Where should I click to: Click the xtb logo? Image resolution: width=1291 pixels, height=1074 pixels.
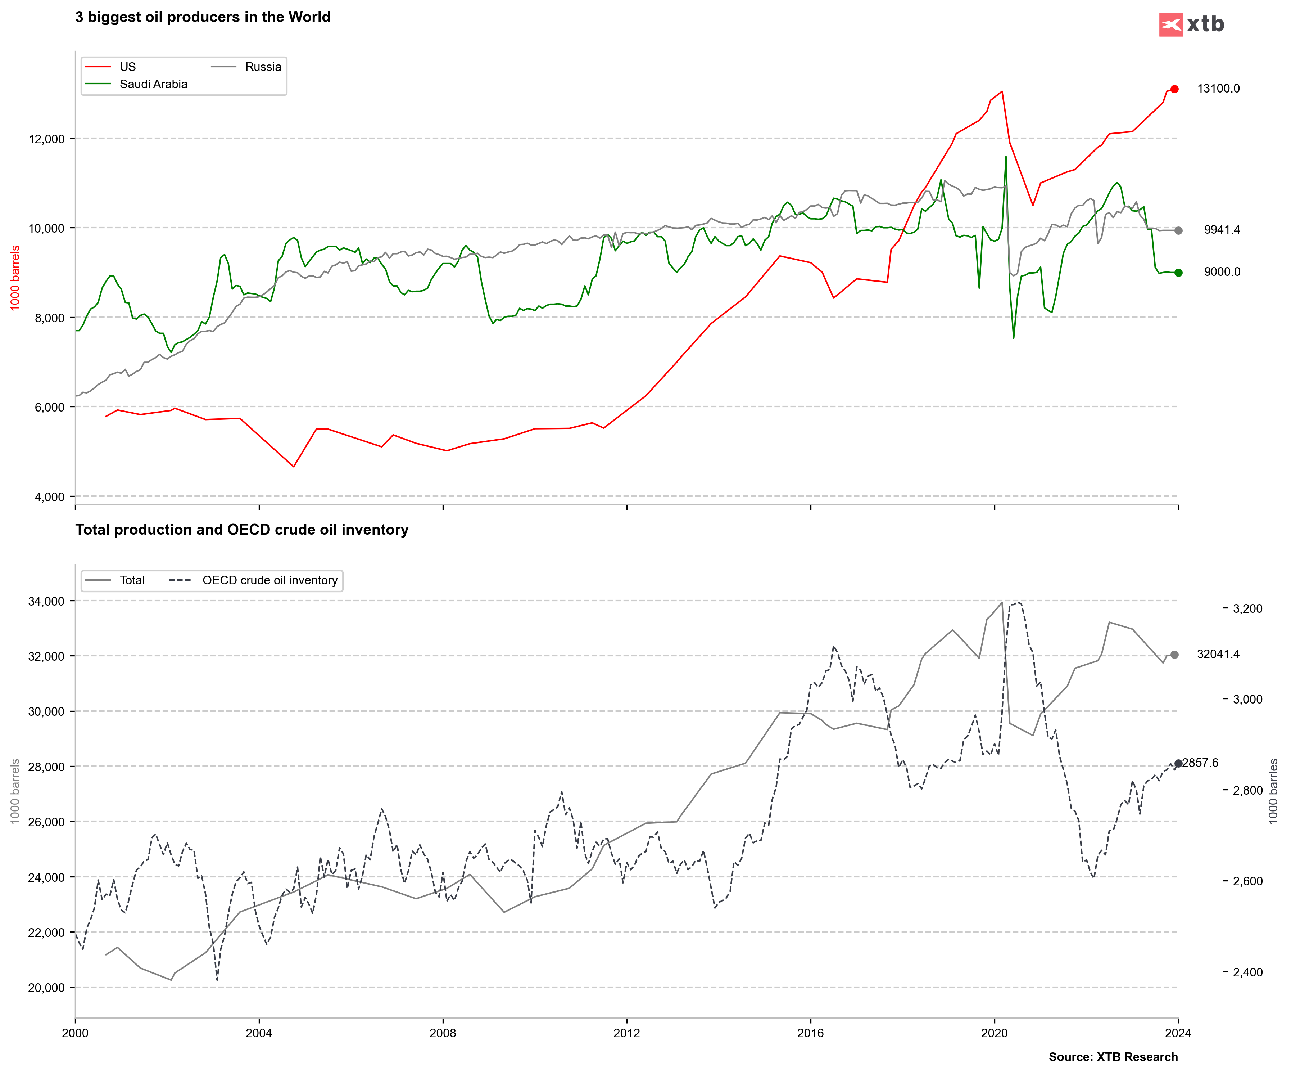tap(1191, 24)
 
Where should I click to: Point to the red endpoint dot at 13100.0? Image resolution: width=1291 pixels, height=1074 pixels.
tap(1174, 89)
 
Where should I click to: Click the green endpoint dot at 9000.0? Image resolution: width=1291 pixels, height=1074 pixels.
tap(1178, 273)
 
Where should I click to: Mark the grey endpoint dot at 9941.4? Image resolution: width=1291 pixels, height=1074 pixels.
tap(1178, 231)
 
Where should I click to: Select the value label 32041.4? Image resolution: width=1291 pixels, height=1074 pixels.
tap(1218, 654)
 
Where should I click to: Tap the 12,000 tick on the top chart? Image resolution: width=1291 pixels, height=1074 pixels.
tap(47, 139)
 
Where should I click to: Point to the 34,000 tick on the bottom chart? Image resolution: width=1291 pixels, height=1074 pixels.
tap(47, 601)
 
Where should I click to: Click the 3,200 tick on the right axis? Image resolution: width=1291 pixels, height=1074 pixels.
tap(1247, 608)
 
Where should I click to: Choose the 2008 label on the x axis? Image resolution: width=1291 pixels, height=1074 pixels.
tap(443, 1033)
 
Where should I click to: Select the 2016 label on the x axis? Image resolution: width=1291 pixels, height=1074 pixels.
tap(810, 1033)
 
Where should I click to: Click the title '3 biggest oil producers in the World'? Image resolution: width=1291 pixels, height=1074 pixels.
tap(203, 17)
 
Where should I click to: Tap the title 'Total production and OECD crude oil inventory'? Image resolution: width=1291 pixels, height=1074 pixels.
tap(241, 530)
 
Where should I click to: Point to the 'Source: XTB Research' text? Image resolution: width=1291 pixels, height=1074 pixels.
tap(1113, 1057)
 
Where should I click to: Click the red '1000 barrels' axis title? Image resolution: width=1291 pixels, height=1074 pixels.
tap(15, 278)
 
